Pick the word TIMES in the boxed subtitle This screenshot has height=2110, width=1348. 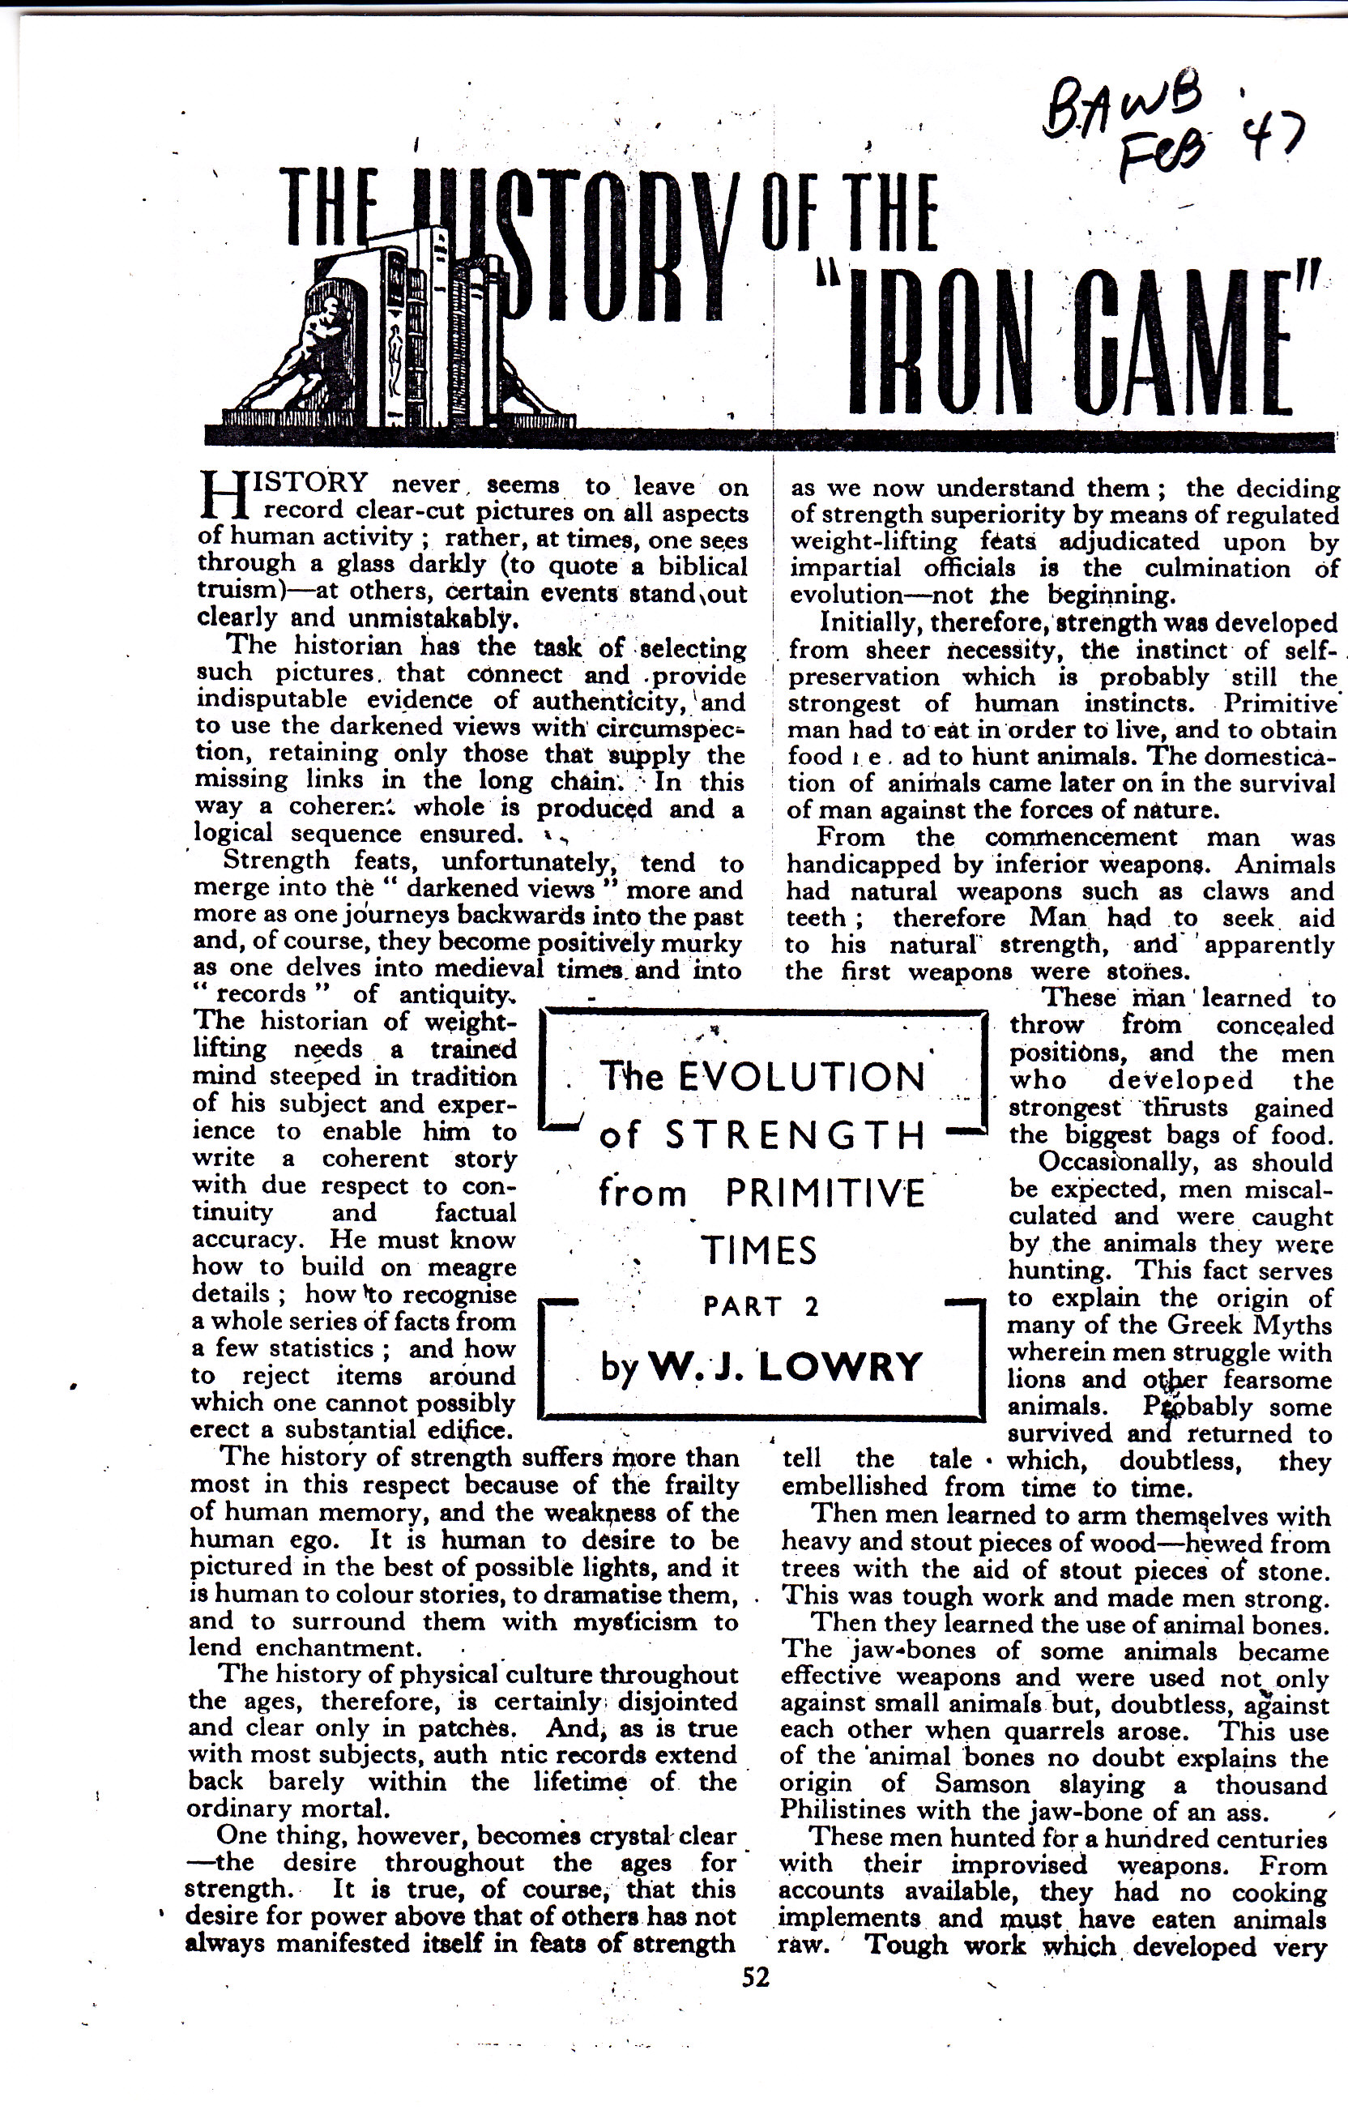[758, 1250]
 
